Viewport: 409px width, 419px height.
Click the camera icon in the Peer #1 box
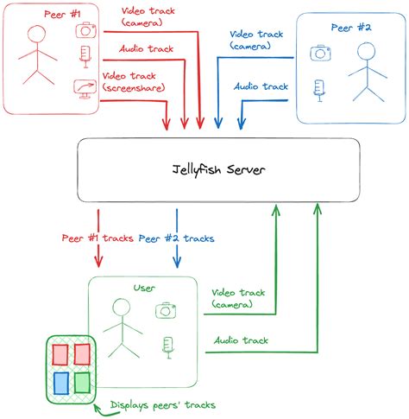tap(85, 29)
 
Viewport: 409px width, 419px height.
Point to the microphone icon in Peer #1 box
tap(85, 57)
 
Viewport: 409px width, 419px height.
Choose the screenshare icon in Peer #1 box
tap(85, 88)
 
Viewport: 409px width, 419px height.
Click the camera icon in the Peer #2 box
tap(321, 53)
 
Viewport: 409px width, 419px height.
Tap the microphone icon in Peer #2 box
tap(320, 88)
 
